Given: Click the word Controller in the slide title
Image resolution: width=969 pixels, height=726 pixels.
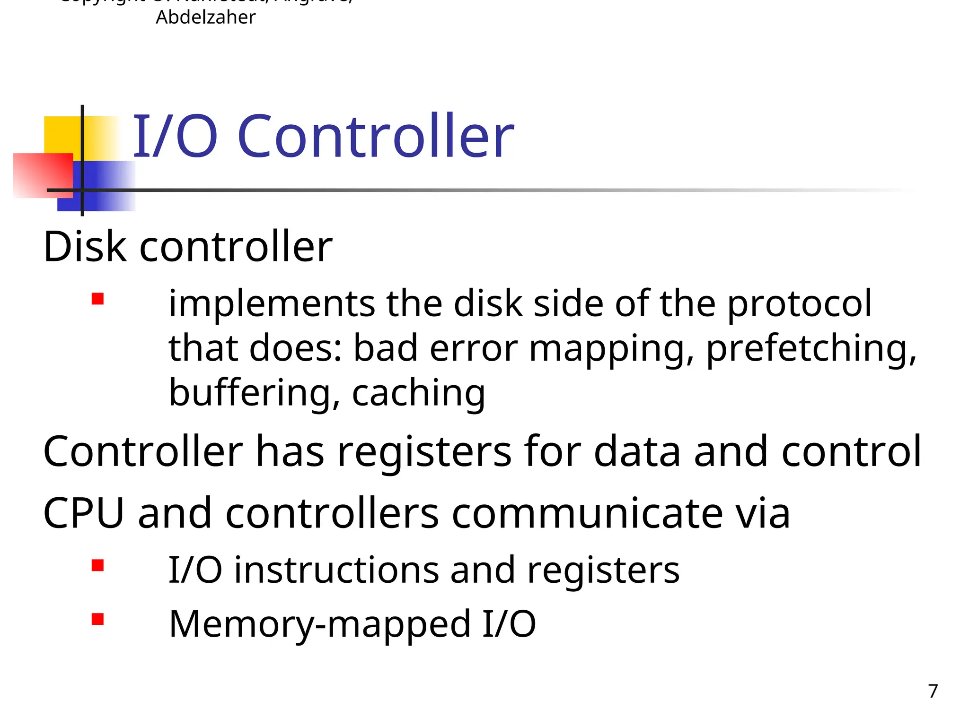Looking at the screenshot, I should coord(376,137).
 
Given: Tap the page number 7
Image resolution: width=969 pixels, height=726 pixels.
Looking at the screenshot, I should coord(933,691).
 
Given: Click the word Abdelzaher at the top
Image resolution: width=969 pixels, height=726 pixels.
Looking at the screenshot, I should coord(205,17).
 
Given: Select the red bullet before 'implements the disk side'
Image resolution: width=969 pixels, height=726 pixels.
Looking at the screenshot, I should coord(98,299).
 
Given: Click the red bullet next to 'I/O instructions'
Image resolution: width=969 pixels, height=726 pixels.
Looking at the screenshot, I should coord(98,565).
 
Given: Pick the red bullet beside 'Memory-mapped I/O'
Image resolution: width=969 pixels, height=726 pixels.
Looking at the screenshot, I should coord(98,619).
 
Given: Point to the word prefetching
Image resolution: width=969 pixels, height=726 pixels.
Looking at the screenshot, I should coord(811,349).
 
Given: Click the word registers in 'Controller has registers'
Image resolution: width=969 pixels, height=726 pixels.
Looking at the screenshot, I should coord(424,452).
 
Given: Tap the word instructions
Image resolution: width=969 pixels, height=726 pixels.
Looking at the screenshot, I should coord(336,570).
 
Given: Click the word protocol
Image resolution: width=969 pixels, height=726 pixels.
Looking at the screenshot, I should coord(799,304).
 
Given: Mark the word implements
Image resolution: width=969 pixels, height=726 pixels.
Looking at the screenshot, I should coord(272,304).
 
